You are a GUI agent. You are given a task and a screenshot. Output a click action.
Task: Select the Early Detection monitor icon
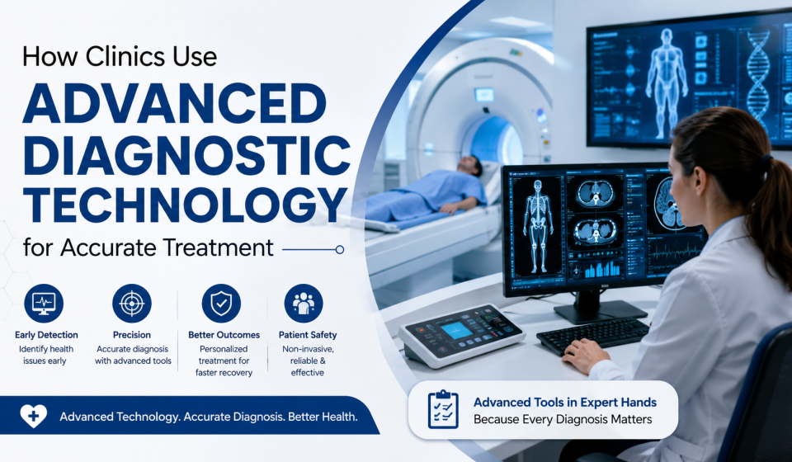click(x=44, y=304)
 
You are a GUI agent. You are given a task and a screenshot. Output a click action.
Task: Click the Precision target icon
click(x=132, y=304)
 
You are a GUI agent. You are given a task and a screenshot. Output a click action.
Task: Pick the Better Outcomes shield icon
click(x=221, y=304)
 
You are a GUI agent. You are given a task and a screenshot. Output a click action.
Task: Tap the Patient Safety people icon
click(x=304, y=304)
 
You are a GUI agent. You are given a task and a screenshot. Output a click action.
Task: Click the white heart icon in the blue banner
click(x=33, y=416)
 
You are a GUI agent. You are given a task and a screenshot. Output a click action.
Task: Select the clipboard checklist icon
click(x=443, y=409)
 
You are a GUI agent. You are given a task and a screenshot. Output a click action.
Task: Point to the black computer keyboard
click(x=593, y=335)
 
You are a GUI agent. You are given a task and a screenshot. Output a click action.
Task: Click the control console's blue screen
click(x=456, y=330)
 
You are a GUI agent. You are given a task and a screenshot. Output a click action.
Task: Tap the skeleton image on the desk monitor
click(x=537, y=226)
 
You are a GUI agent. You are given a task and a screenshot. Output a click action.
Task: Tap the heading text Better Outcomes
click(x=224, y=335)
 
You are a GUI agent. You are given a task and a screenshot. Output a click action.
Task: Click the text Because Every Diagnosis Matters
click(x=563, y=419)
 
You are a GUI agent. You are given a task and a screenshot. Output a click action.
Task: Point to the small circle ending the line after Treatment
click(x=340, y=249)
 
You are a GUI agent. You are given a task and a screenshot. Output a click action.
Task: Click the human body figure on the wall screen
click(x=667, y=83)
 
